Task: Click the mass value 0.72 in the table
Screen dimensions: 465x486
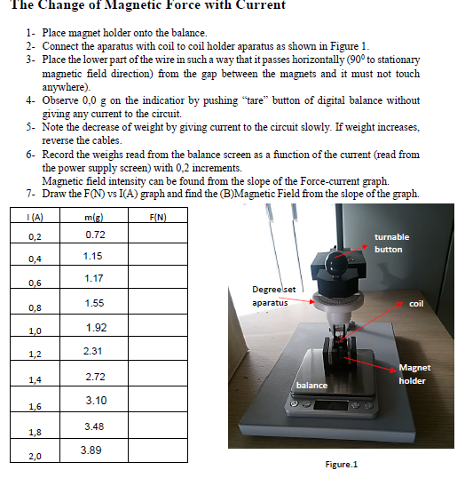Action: (x=94, y=235)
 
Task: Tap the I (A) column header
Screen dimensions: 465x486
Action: (x=36, y=218)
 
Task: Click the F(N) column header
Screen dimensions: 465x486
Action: (x=159, y=218)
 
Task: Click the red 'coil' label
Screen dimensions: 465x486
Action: (x=417, y=305)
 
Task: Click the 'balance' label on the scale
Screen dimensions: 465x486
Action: (x=311, y=386)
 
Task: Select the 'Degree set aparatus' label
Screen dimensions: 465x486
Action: (x=280, y=296)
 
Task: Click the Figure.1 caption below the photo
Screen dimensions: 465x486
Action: (x=342, y=466)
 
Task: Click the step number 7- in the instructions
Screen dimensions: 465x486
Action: (x=30, y=194)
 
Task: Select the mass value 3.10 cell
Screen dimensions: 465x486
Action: (x=94, y=402)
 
